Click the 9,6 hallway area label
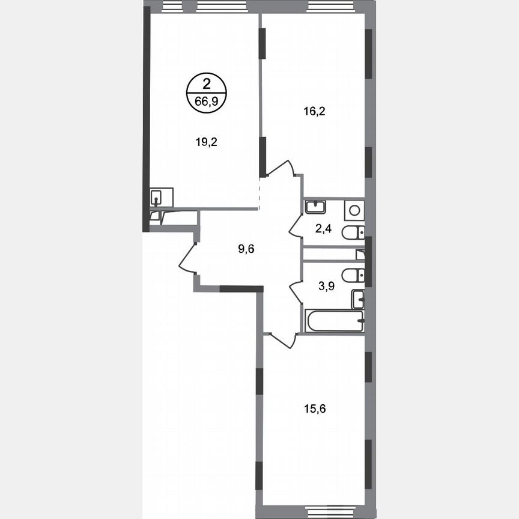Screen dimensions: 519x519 coord(247,249)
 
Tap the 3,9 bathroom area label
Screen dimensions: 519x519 coord(326,286)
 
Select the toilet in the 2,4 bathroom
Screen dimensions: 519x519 coord(353,233)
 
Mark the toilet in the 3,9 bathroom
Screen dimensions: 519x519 coord(353,275)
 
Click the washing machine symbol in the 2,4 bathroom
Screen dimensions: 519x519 coord(354,210)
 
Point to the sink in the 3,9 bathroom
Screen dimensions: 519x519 coord(358,298)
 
